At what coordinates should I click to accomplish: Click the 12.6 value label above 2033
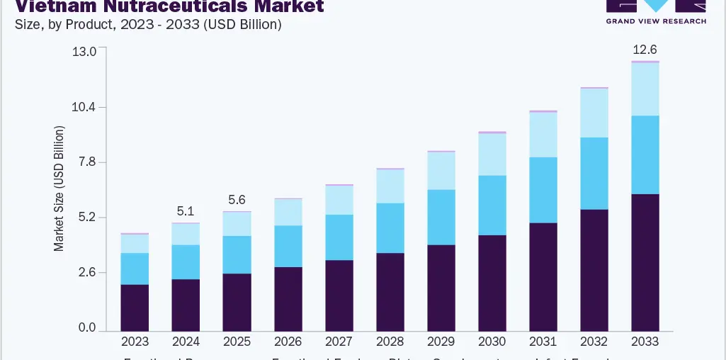pos(645,50)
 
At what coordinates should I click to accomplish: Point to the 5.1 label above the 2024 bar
pos(186,210)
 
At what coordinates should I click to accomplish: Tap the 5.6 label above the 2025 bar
pos(237,199)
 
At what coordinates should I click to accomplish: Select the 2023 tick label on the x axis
pos(135,342)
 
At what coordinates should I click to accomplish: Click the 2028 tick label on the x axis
pos(390,342)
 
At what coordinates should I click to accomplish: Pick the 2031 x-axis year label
pos(543,342)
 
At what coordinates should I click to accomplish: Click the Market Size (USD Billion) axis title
pos(59,189)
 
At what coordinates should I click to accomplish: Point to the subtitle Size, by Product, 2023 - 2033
pos(148,24)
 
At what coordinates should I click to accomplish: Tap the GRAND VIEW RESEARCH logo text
pos(656,21)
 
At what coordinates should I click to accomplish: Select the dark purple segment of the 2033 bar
pos(645,262)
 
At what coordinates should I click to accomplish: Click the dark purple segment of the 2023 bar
pos(135,308)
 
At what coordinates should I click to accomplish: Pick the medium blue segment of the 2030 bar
pos(492,205)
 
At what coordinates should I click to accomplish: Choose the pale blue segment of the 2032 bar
pos(594,113)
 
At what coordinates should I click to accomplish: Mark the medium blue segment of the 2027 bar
pos(339,237)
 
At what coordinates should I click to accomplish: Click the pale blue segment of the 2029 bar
pos(441,171)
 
